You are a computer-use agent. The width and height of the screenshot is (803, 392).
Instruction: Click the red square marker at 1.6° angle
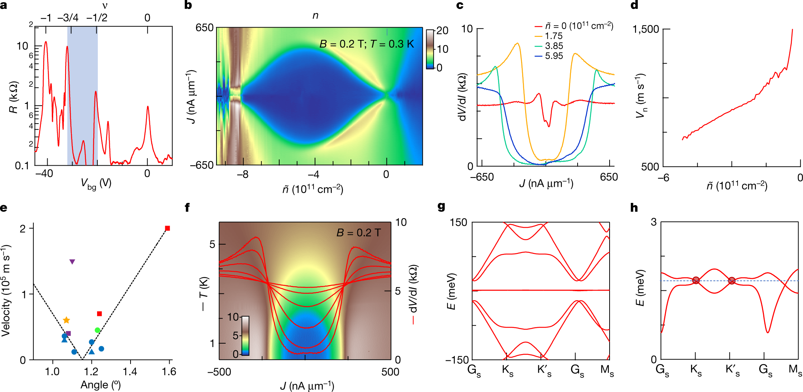click(x=167, y=228)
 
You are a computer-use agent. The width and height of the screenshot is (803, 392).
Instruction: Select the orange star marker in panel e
click(x=66, y=320)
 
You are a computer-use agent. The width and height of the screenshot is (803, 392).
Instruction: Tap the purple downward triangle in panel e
click(x=72, y=262)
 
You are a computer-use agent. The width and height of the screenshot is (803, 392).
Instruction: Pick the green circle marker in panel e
click(x=97, y=330)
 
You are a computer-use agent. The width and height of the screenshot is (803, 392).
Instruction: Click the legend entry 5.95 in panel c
click(x=554, y=56)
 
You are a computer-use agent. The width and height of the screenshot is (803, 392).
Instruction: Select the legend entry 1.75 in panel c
click(x=553, y=36)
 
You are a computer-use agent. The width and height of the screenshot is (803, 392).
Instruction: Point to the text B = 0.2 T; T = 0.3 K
click(x=366, y=44)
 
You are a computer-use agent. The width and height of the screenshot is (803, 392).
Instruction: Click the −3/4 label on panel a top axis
click(x=68, y=18)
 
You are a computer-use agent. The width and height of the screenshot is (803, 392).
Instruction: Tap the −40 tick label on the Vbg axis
click(x=44, y=174)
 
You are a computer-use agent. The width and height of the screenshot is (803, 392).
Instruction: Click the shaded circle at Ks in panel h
click(x=696, y=280)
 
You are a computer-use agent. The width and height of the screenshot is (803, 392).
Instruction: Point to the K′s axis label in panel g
click(x=544, y=371)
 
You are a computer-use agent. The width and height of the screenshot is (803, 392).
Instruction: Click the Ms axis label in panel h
click(x=795, y=370)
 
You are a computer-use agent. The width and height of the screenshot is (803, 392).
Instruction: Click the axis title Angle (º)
click(x=100, y=385)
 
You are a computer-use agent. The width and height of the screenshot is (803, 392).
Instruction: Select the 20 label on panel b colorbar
click(x=442, y=31)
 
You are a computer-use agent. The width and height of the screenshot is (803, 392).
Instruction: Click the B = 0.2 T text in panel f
click(x=358, y=233)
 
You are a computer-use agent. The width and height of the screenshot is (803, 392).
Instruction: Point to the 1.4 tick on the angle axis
click(x=130, y=372)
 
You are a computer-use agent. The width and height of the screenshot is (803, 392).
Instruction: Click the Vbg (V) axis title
click(x=96, y=184)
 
